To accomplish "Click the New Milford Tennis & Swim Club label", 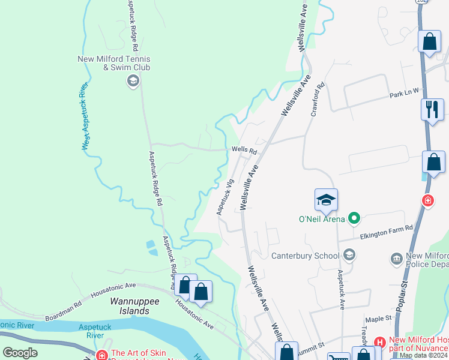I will [114, 63].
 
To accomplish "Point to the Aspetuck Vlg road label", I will [224, 197].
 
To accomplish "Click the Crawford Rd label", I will [318, 99].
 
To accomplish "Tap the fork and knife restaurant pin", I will [432, 110].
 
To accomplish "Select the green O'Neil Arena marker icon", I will [354, 218].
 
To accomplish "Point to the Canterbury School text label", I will [306, 256].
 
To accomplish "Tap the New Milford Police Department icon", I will [396, 259].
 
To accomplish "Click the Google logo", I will [20, 353].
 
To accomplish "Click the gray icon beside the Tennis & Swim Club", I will [133, 81].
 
